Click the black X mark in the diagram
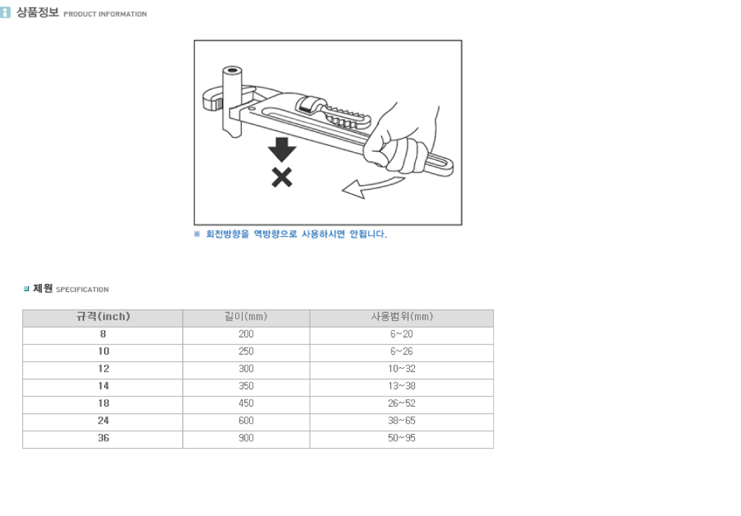coord(282,178)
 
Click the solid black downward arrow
coord(282,150)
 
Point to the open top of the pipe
coord(232,72)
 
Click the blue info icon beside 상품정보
coord(5,13)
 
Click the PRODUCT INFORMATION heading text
coord(105,14)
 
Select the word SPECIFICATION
coord(83,289)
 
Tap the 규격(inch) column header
coord(103,316)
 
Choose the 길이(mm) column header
coord(246,316)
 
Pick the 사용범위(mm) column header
coord(402,316)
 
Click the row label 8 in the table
coord(103,334)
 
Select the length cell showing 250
coord(246,352)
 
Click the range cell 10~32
coord(402,369)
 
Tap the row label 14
coord(103,386)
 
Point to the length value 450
coord(246,403)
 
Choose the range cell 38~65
coord(402,421)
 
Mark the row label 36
coord(103,438)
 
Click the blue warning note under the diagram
coord(291,234)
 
